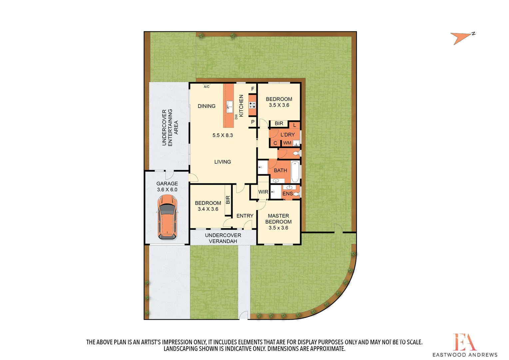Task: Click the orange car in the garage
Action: click(167, 217)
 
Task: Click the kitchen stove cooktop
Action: click(253, 105)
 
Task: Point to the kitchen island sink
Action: click(230, 107)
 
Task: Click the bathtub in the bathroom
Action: click(295, 171)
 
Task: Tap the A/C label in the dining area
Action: click(207, 87)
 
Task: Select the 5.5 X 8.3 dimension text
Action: click(223, 135)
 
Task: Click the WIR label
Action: click(263, 192)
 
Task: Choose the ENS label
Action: click(287, 194)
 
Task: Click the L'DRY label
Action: click(287, 135)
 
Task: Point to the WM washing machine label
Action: click(287, 143)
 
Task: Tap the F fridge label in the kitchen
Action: click(253, 89)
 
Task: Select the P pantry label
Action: click(253, 122)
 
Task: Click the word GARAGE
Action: click(167, 184)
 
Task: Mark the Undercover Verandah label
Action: click(223, 238)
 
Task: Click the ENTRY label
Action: click(245, 216)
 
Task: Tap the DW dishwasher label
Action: click(236, 117)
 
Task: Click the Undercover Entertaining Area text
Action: click(170, 127)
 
